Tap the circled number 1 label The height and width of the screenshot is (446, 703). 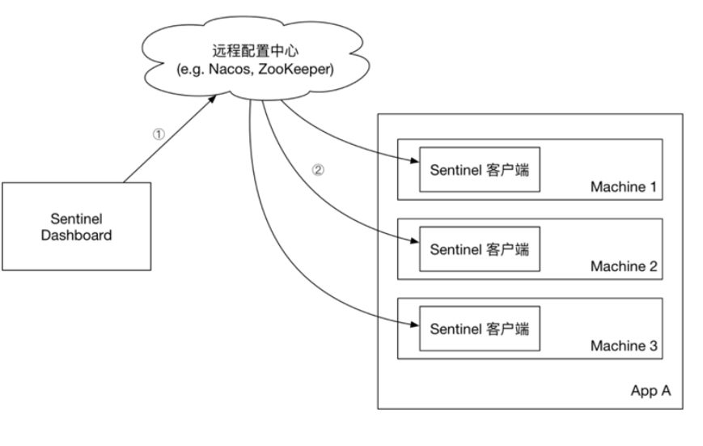click(x=159, y=135)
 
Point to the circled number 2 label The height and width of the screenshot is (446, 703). click(x=318, y=171)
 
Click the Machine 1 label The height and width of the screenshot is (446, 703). click(x=623, y=188)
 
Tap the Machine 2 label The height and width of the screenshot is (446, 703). click(x=623, y=266)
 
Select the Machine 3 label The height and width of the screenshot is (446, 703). click(x=623, y=346)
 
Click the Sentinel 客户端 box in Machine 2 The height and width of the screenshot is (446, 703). click(x=480, y=250)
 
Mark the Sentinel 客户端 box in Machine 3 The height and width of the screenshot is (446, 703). click(x=480, y=329)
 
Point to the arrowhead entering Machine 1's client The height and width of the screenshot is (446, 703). click(x=413, y=160)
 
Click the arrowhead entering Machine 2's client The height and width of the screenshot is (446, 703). click(x=413, y=240)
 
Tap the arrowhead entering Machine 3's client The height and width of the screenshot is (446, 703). click(x=413, y=325)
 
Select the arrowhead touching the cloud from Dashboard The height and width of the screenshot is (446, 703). click(x=214, y=97)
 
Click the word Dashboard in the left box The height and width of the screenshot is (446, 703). click(x=76, y=236)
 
